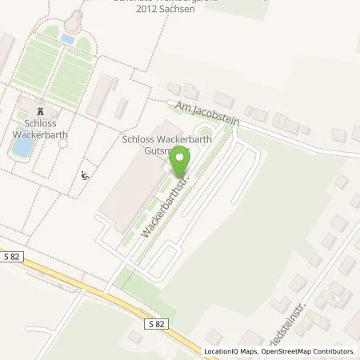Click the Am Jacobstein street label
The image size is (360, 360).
206,114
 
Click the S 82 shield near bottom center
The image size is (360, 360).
158,323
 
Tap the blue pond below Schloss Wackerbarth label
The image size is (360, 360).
22,147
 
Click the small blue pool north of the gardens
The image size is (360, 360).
68,38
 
